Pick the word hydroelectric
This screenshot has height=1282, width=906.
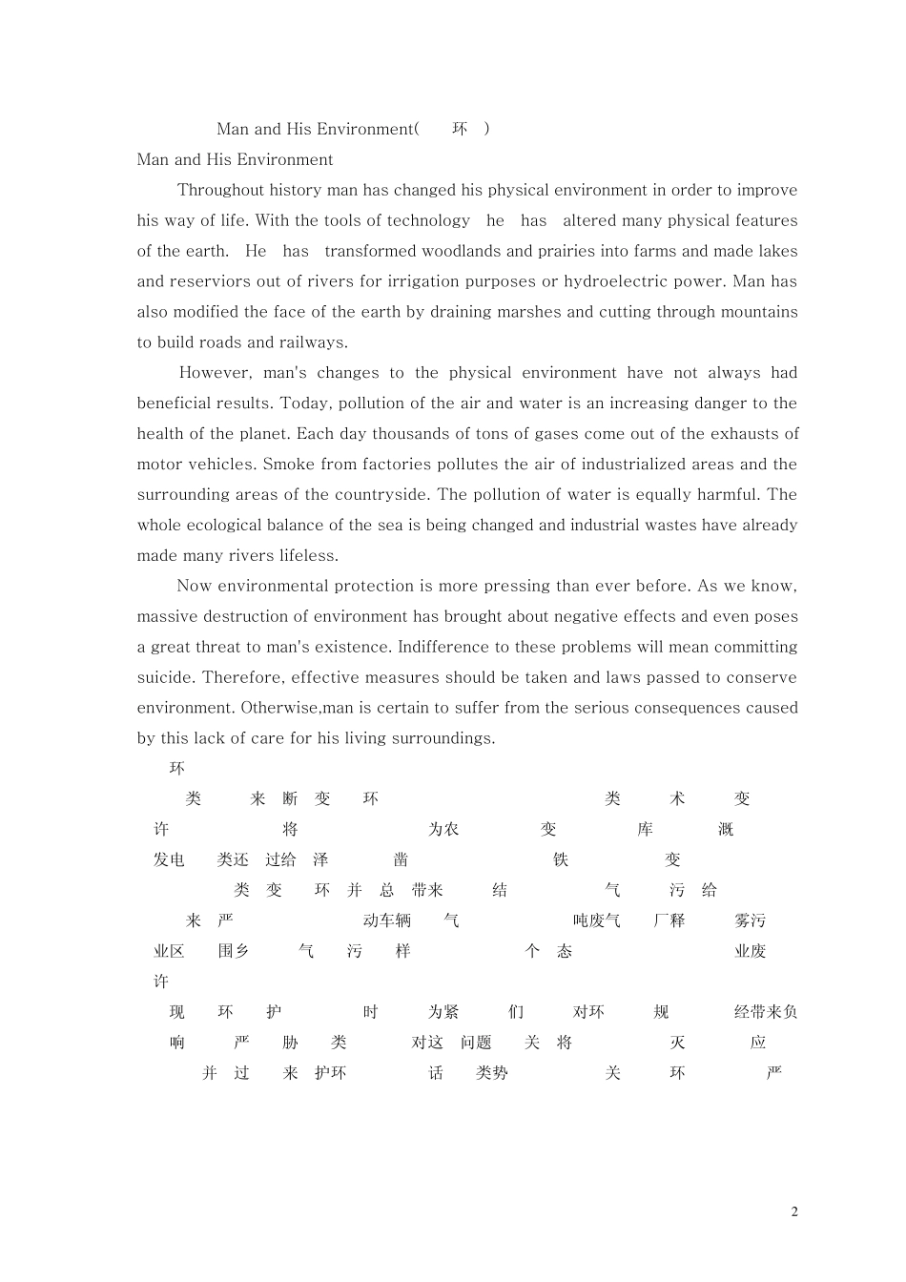(617, 281)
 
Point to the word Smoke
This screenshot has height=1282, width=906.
(287, 465)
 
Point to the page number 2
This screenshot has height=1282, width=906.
(794, 1212)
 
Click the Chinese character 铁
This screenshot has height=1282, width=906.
(561, 859)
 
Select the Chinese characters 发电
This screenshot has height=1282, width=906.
(169, 859)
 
